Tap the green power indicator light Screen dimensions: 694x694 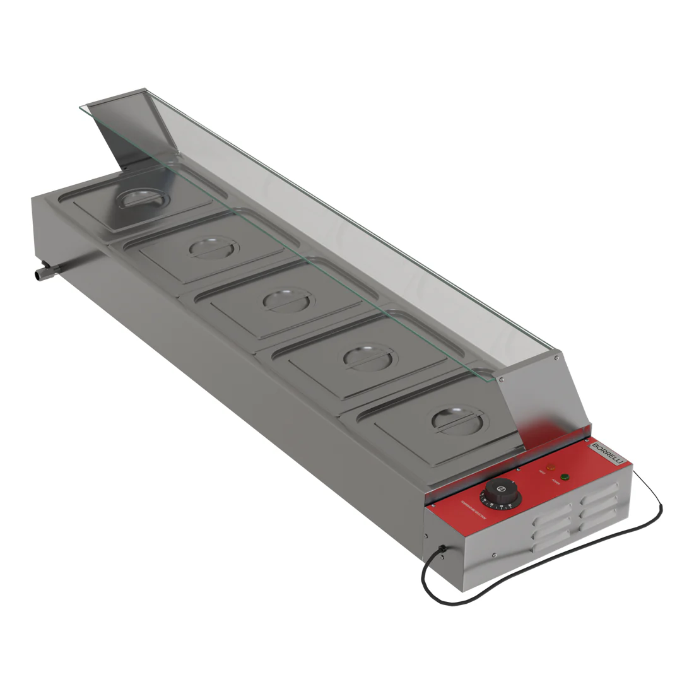coord(565,476)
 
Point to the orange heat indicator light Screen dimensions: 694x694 coord(550,468)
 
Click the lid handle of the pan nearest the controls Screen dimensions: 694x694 coord(458,420)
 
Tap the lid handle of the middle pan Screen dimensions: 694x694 coord(289,300)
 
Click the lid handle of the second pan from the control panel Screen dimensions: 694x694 coord(370,358)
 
